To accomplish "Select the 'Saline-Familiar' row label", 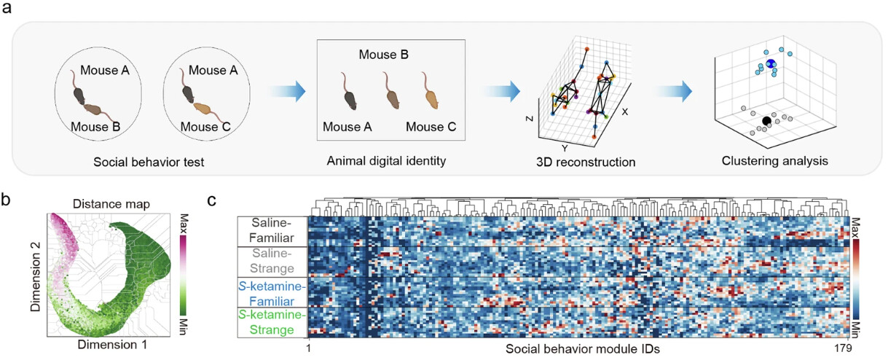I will pyautogui.click(x=271, y=230).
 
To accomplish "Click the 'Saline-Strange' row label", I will pyautogui.click(x=271, y=261).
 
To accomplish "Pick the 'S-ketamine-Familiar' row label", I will pyautogui.click(x=271, y=291).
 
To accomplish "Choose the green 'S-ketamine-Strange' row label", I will pyautogui.click(x=271, y=321).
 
